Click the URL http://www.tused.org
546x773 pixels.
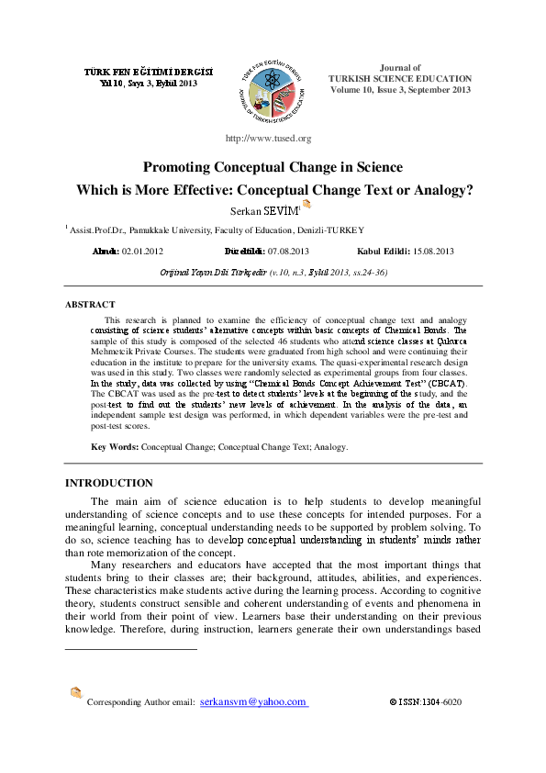click(268, 138)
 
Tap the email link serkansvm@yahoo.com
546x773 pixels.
click(253, 701)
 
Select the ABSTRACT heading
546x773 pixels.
click(90, 304)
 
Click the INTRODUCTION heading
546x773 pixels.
click(109, 483)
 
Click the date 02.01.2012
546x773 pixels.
click(143, 251)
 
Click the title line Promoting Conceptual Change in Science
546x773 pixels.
click(273, 167)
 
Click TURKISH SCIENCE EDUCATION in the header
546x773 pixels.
click(399, 79)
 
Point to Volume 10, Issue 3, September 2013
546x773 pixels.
click(399, 90)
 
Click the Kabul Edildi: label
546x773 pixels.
click(384, 251)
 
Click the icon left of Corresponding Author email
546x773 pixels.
click(75, 694)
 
